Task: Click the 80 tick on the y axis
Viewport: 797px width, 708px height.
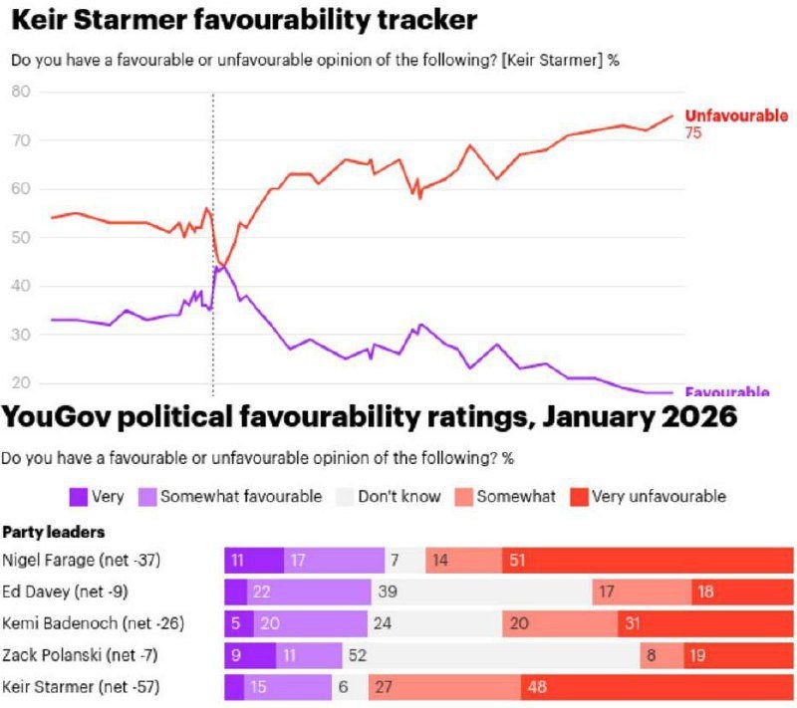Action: point(21,92)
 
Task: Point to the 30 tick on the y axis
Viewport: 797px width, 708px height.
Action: point(21,335)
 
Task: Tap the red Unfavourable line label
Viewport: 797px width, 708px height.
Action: point(735,116)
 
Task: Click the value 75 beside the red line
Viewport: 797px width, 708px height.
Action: point(693,132)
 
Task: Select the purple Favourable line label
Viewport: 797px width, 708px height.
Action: point(727,392)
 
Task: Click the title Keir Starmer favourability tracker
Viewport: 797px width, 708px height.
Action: point(243,19)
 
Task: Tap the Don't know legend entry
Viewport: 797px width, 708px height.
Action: point(398,496)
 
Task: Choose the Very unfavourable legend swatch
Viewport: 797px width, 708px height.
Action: point(578,496)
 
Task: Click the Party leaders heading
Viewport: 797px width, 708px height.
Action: point(54,532)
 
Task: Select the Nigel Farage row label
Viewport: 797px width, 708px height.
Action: point(80,561)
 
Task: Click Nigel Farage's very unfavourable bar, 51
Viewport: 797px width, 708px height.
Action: point(648,561)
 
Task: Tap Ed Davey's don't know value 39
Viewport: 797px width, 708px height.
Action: point(389,591)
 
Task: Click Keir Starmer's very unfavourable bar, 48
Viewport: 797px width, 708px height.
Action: point(657,687)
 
